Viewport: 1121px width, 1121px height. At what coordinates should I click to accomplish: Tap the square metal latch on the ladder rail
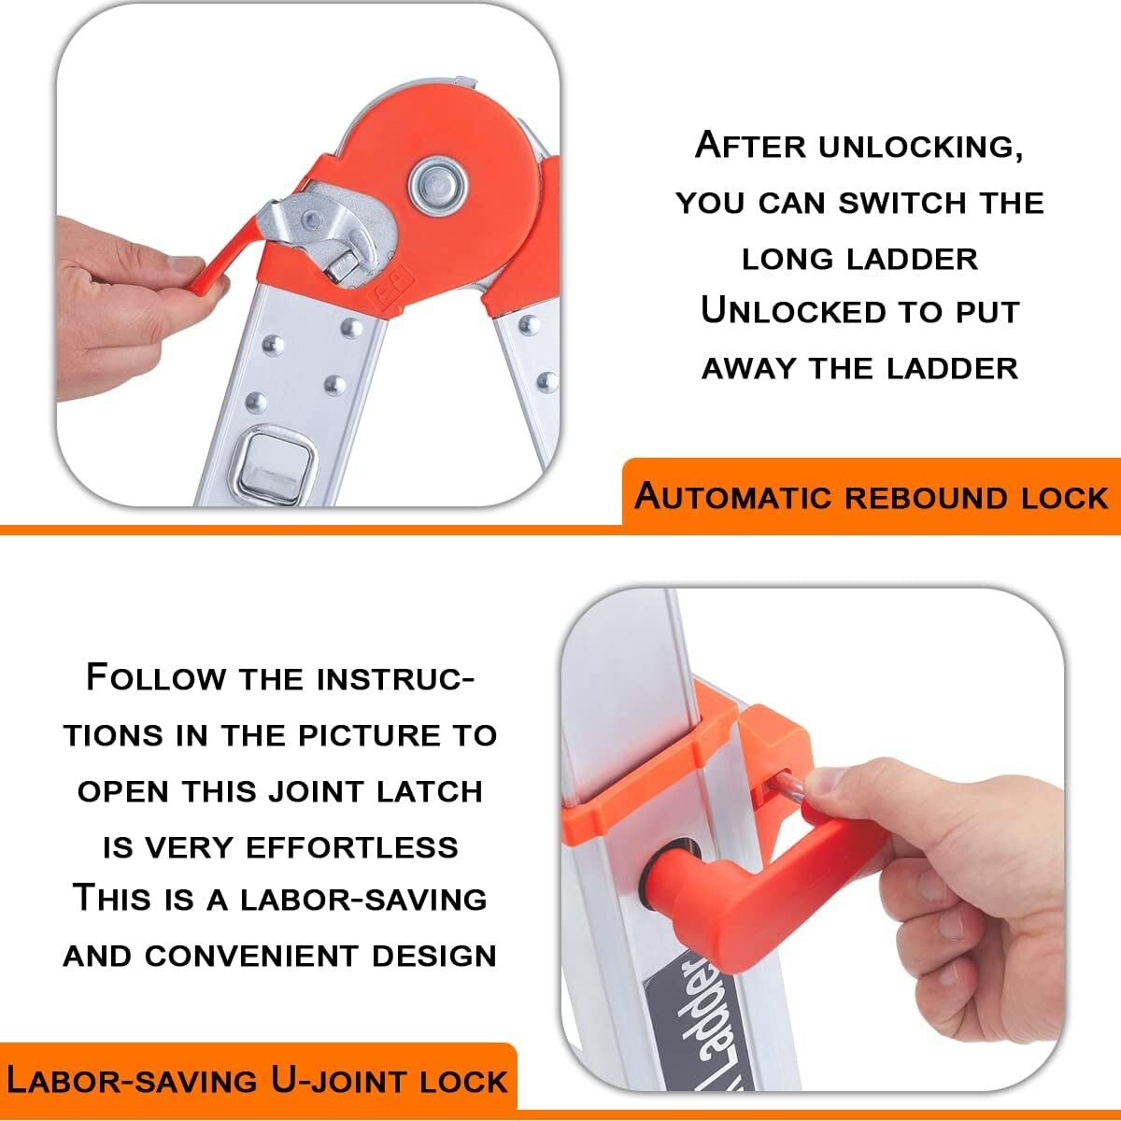tap(277, 466)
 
